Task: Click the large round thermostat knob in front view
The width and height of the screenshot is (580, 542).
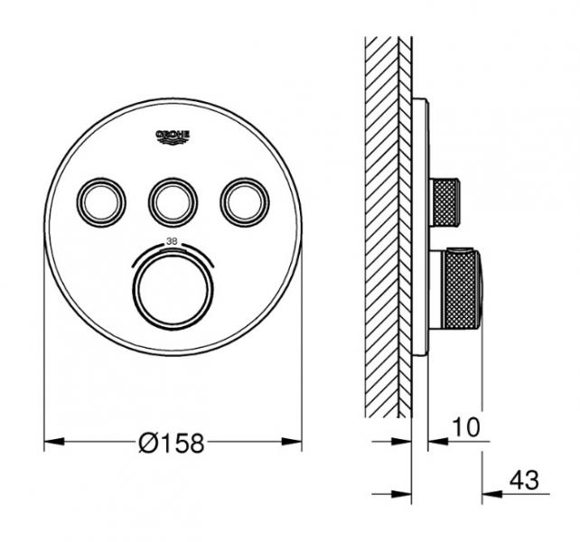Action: tap(171, 287)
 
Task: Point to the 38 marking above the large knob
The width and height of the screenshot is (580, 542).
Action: tap(171, 241)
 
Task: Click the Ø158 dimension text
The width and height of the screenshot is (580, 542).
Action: tap(173, 443)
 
